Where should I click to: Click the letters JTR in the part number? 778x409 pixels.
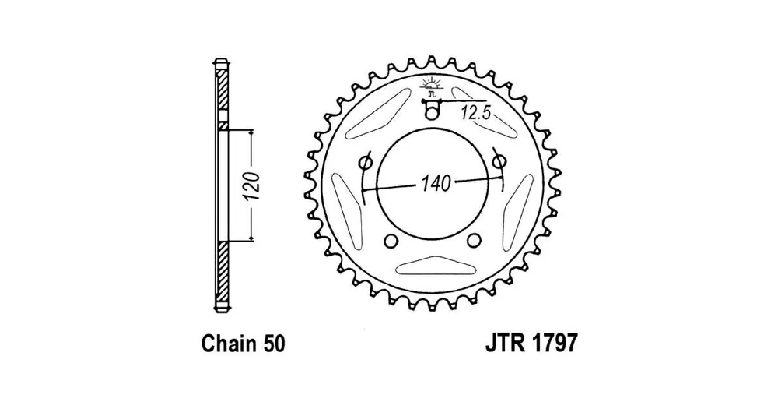[507, 344]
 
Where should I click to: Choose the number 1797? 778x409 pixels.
[555, 344]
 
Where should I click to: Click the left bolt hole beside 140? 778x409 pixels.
[364, 164]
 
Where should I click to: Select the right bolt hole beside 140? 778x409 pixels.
[500, 163]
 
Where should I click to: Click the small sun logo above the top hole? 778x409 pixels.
[433, 86]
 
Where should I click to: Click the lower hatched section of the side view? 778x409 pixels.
[221, 273]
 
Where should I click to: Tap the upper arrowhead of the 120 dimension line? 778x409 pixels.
[251, 133]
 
